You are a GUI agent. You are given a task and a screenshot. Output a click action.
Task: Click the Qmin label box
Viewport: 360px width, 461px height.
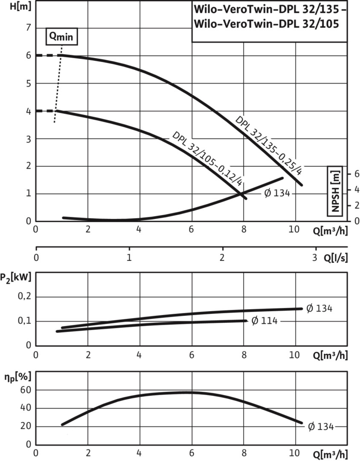tap(62, 37)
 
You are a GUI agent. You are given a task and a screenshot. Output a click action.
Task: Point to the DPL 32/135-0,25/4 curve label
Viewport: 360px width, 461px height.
tap(269, 145)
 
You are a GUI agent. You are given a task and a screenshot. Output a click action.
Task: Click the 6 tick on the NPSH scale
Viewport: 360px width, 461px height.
tap(357, 174)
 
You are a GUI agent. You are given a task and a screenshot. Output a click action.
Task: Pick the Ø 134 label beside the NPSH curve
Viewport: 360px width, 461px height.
tap(277, 193)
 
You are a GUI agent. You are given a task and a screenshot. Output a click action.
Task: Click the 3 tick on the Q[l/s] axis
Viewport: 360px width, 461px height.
tap(316, 258)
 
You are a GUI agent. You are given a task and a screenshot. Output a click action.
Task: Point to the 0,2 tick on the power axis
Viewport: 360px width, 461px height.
tap(26, 297)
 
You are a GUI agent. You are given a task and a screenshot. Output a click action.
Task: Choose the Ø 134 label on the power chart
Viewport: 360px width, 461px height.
tap(319, 308)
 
